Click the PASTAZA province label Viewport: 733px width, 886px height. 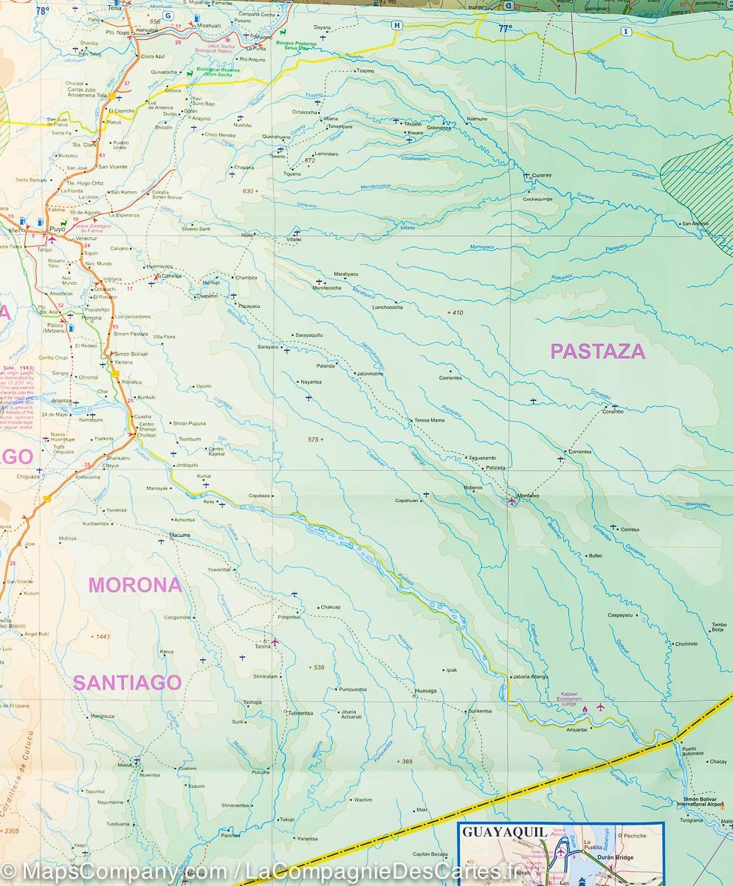[597, 351]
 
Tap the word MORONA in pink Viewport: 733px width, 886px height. [135, 585]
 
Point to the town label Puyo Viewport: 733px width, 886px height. [58, 230]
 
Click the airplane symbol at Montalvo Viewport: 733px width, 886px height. [512, 501]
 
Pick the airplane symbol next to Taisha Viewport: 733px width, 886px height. [275, 642]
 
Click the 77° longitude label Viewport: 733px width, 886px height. [504, 29]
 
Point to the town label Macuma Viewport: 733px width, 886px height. [179, 535]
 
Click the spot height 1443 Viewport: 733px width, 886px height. [100, 636]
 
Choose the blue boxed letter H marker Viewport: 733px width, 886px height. [397, 25]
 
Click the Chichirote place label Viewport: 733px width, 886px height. [686, 644]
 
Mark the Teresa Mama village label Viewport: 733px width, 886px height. [429, 420]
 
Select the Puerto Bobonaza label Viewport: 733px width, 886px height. [693, 749]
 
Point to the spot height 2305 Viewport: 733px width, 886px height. [11, 831]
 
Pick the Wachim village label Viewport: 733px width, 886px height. [362, 800]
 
